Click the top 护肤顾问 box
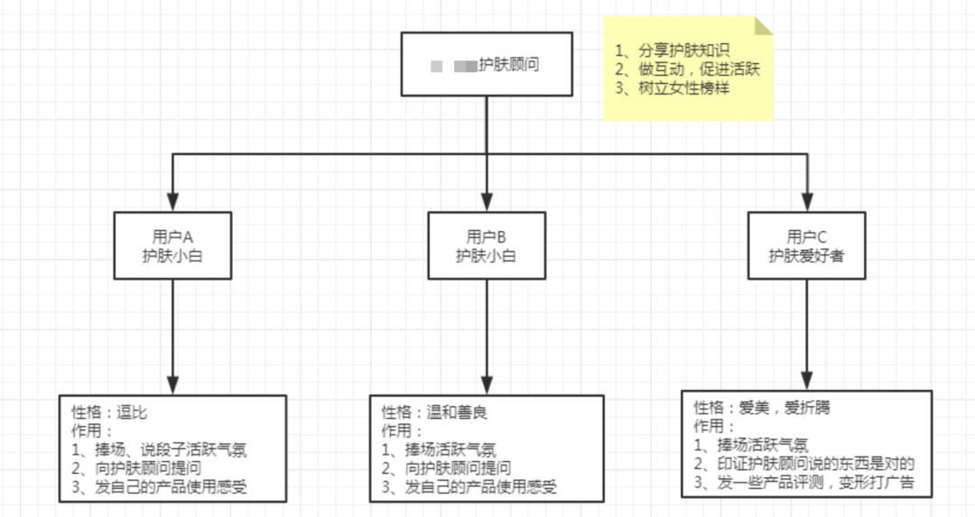click(487, 64)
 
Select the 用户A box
click(172, 245)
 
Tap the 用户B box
click(487, 245)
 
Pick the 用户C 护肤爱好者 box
click(806, 245)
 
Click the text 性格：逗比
click(109, 412)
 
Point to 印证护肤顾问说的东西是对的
click(805, 464)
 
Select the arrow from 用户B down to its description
click(487, 334)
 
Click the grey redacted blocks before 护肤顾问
click(454, 66)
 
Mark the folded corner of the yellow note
click(765, 24)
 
